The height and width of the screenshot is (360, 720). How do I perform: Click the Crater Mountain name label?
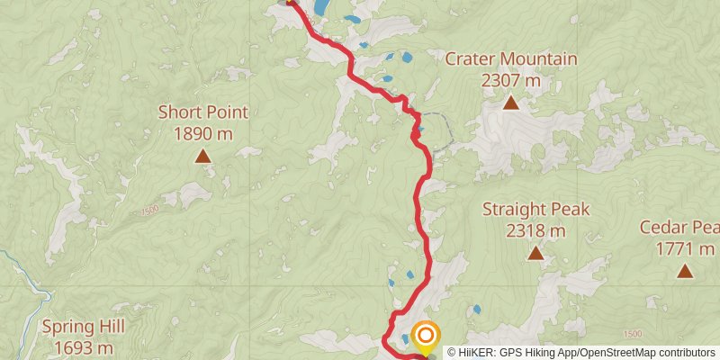pos(511,60)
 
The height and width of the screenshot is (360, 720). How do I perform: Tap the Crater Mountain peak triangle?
pos(511,103)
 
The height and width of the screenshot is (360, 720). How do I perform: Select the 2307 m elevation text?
pos(511,81)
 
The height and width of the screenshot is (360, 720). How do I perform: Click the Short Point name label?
pos(202,112)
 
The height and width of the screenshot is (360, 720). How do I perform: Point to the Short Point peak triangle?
pos(203,156)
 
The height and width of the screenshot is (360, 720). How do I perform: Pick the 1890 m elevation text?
pos(202,134)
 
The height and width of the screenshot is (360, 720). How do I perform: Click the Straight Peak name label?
pos(535,210)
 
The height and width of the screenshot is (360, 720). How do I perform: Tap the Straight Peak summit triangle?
pos(535,253)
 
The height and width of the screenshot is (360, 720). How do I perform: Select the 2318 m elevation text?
pos(535,231)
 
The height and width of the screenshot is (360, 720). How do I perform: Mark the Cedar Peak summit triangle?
pos(685,270)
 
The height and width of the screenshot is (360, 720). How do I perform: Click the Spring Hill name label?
pos(83,327)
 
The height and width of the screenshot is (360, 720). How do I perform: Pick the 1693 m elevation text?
pos(83,347)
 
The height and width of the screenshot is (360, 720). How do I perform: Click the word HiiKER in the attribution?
pos(477,352)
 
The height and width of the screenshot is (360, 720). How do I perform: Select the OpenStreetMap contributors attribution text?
pos(648,352)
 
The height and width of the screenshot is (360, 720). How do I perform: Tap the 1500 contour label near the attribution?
pos(632,334)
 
